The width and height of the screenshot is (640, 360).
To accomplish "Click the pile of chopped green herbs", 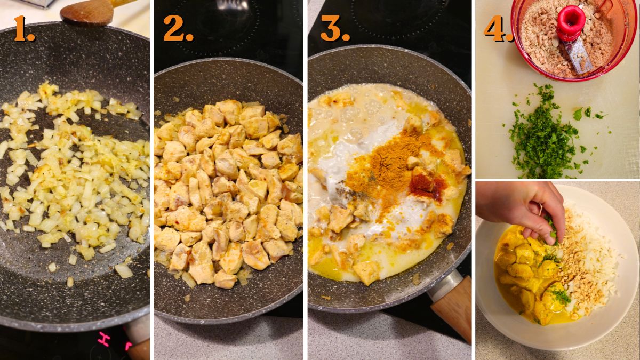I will point(544,133).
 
